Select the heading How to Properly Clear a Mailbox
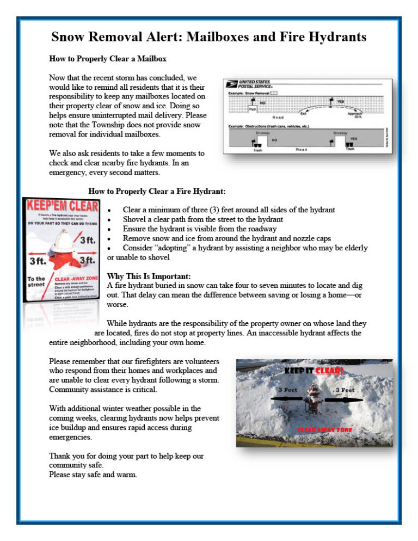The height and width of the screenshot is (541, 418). pos(108,58)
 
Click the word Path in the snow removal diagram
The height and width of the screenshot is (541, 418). pos(253,109)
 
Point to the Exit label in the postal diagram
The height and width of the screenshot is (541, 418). pos(303,114)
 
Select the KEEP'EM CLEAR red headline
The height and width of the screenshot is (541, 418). pos(61,206)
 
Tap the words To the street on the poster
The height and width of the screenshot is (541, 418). pos(36,282)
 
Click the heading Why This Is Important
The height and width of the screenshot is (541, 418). pos(149,276)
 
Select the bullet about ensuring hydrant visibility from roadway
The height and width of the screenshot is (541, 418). pos(200,229)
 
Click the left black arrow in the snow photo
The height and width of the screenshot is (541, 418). pos(287,399)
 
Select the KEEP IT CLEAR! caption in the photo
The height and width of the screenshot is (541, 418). pos(313,371)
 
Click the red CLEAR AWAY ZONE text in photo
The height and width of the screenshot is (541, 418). pos(324,430)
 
